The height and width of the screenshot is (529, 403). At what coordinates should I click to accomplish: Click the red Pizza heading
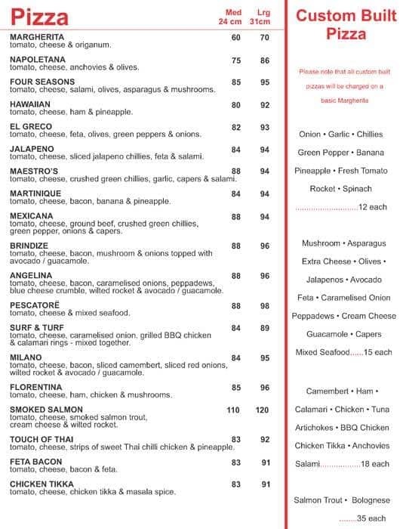39,17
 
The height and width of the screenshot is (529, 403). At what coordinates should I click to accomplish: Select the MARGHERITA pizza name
37,37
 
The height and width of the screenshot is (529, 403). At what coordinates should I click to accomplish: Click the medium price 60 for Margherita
236,38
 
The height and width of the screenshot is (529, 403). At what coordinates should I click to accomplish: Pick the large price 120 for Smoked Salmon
262,410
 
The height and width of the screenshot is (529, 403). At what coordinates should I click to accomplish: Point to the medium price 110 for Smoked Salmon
233,410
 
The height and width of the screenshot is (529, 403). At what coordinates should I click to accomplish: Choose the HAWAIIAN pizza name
30,104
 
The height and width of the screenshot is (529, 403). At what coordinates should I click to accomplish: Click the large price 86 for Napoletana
265,60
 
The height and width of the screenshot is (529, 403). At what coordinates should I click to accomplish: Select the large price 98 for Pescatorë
265,306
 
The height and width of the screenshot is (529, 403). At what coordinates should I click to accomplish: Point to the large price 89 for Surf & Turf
265,328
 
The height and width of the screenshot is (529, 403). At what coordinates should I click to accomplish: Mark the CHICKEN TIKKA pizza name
42,484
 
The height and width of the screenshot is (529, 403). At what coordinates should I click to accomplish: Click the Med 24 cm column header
230,17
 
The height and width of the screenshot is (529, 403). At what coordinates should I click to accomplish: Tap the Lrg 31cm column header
263,17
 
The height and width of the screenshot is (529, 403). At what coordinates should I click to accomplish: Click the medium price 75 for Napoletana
236,60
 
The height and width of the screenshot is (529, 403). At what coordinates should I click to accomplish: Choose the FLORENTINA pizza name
36,388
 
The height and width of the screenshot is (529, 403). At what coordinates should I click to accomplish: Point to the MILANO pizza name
26,357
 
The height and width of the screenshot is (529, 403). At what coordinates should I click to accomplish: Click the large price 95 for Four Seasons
265,82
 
